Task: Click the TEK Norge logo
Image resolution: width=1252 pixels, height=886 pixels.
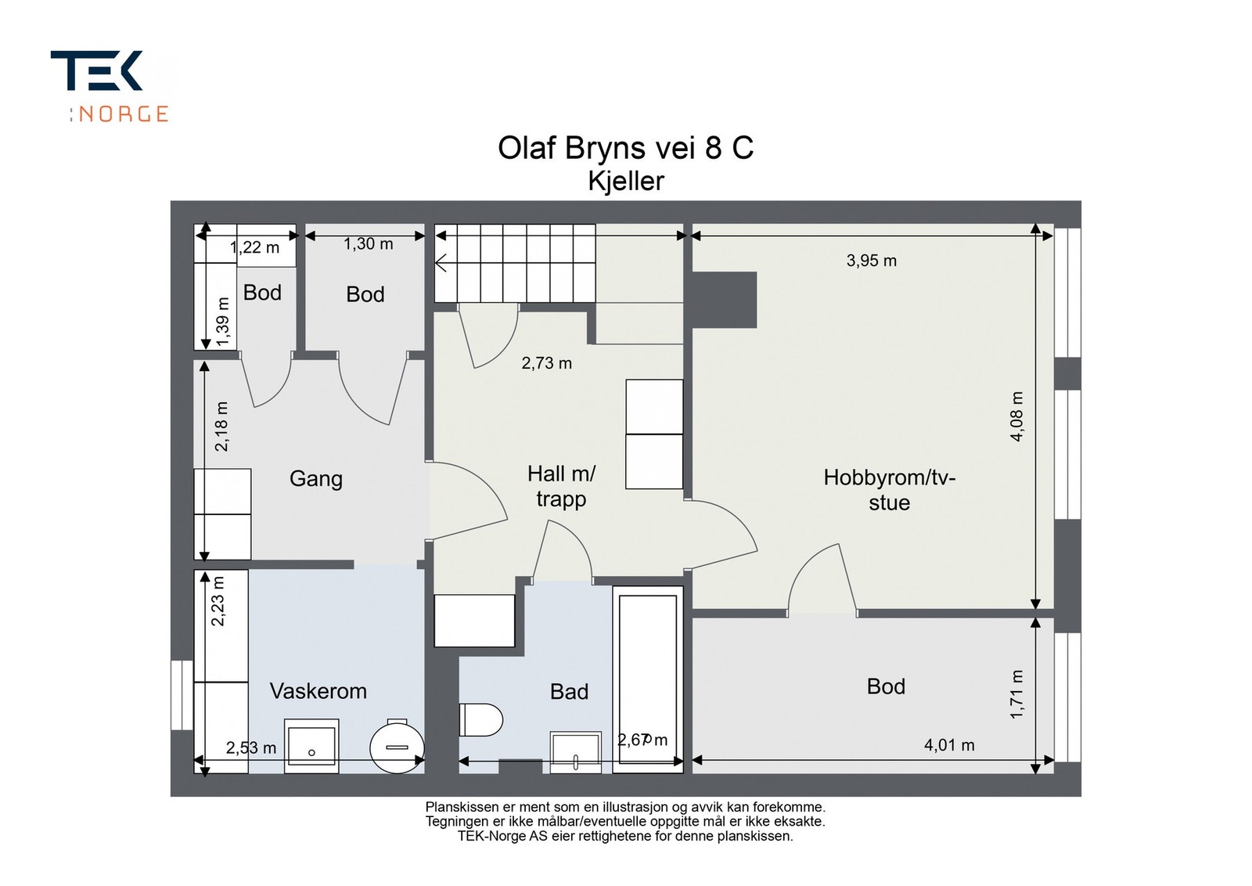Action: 110,86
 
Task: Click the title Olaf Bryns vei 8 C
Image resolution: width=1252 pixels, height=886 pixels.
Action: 625,148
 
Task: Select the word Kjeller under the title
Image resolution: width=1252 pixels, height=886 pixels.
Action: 626,181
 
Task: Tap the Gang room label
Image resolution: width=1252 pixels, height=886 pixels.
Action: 316,479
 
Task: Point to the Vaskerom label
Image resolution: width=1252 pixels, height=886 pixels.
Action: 318,691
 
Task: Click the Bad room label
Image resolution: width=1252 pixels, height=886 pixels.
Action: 569,692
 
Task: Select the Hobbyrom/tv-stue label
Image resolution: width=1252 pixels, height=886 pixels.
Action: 889,490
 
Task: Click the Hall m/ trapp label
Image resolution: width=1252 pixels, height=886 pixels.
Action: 561,486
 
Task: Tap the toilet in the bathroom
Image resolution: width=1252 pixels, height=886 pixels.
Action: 480,720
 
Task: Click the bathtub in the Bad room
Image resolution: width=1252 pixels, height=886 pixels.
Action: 648,679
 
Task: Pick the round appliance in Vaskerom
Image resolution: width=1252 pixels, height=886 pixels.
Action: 398,746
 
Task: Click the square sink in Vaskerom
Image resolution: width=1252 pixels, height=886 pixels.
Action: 311,746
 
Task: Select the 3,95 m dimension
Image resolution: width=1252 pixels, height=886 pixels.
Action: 872,261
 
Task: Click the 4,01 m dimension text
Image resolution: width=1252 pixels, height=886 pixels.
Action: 949,745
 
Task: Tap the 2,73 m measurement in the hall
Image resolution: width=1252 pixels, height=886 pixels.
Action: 547,363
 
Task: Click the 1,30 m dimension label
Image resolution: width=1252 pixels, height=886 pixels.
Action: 368,244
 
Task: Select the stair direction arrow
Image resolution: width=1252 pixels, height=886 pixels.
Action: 441,263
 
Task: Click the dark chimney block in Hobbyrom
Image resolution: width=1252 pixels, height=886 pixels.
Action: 725,300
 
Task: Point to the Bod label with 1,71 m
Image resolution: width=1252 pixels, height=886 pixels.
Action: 886,686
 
